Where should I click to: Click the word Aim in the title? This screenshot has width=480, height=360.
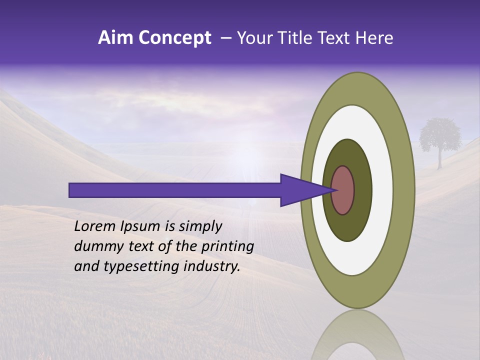(115, 38)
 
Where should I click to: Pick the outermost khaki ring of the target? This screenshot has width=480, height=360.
(404, 190)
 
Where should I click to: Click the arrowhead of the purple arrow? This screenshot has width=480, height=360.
(300, 190)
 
